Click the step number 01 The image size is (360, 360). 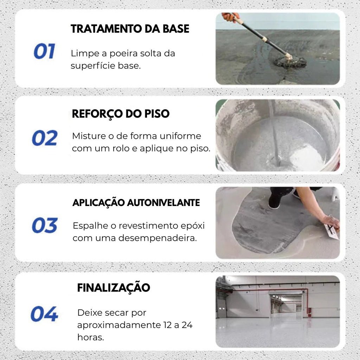(x=44, y=51)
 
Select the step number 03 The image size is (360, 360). (x=45, y=225)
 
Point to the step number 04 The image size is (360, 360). (x=44, y=314)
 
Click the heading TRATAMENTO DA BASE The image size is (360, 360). (x=130, y=29)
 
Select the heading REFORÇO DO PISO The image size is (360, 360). (x=121, y=114)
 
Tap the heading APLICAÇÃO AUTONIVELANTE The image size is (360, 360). (x=136, y=203)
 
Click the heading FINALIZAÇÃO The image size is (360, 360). (x=114, y=288)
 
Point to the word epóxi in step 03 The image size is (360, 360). (x=193, y=225)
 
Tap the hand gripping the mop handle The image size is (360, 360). (x=230, y=17)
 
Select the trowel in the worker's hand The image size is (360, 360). (x=331, y=231)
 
